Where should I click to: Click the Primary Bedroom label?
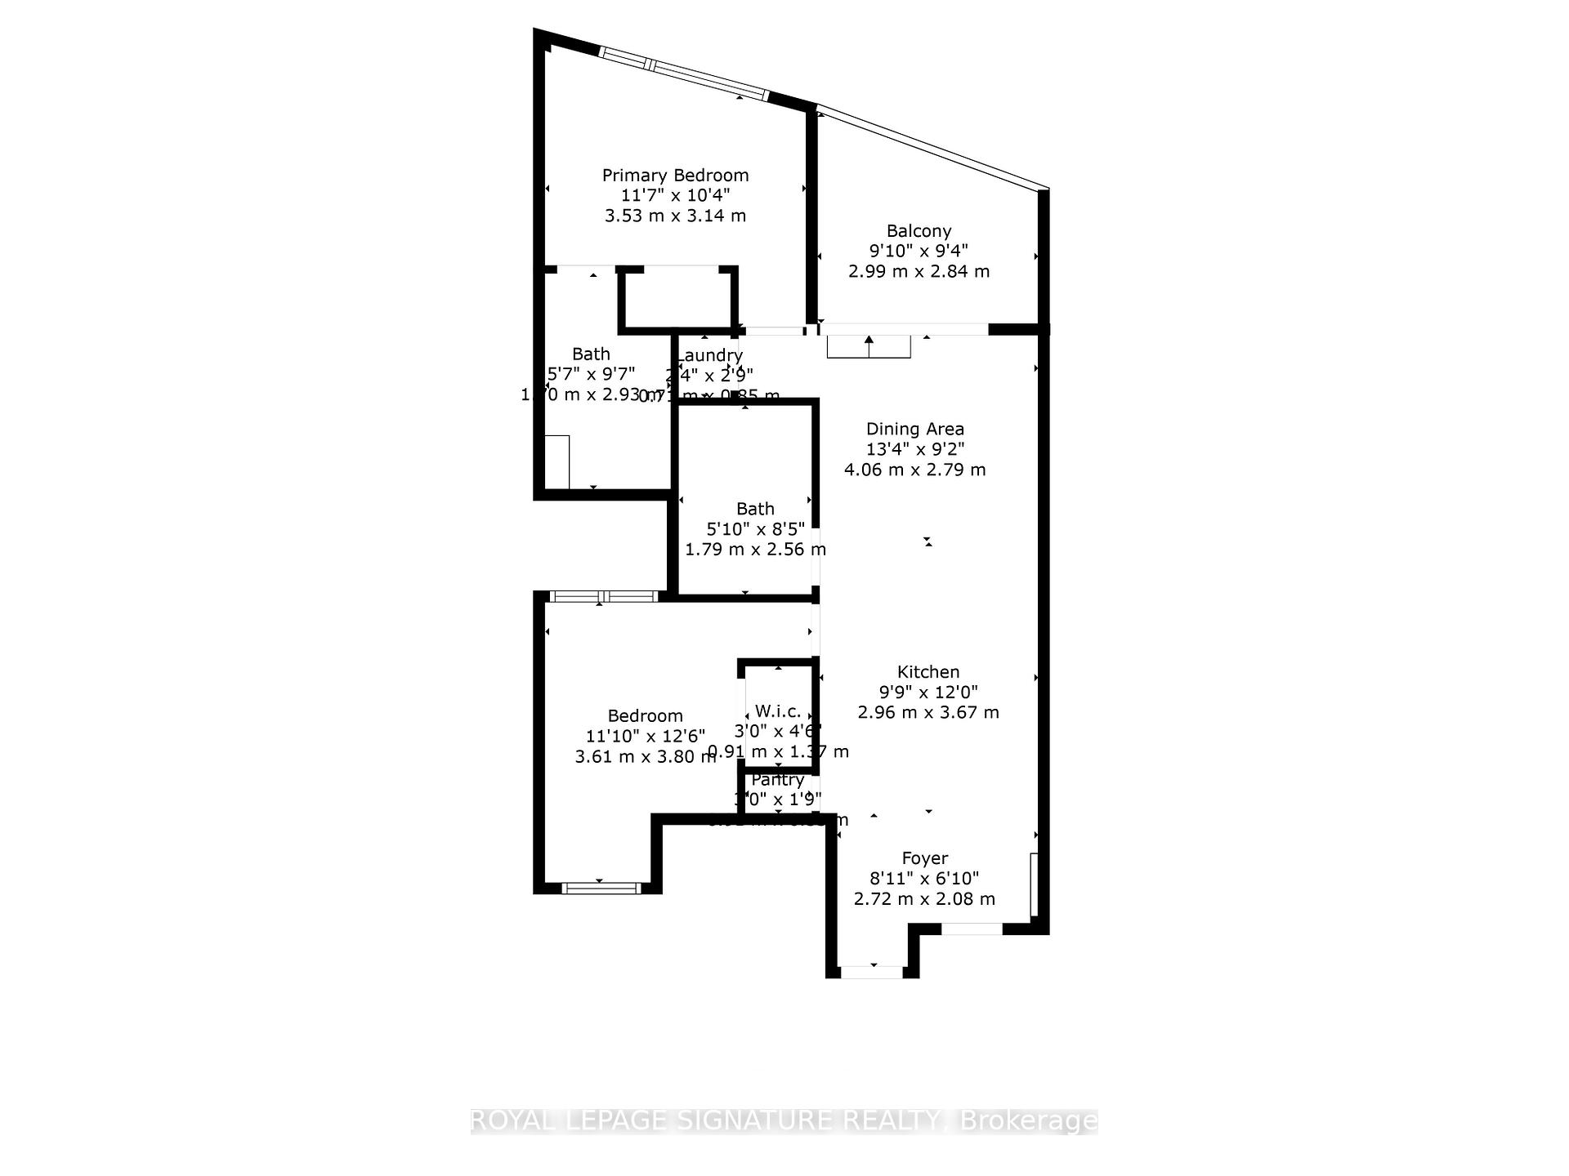[675, 176]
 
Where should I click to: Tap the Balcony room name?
[919, 231]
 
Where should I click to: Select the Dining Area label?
[914, 429]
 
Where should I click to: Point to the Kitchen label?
[928, 672]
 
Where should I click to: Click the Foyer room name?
[924, 858]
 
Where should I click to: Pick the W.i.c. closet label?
[777, 710]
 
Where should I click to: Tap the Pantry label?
[777, 780]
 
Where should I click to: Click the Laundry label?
[709, 355]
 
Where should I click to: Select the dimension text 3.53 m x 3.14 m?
[675, 216]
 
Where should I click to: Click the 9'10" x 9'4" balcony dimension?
[919, 251]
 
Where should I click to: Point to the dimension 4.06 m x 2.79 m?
[914, 470]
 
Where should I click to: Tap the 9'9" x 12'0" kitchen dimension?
[928, 692]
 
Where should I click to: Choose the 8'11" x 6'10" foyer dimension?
[924, 879]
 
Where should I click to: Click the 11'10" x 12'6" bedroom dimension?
[645, 737]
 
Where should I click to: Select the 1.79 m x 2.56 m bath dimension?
[755, 549]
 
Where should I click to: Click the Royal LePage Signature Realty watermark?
[784, 1120]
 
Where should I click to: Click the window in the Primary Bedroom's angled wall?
[683, 73]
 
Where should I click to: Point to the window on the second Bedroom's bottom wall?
[601, 888]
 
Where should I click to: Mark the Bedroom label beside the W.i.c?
[645, 716]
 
